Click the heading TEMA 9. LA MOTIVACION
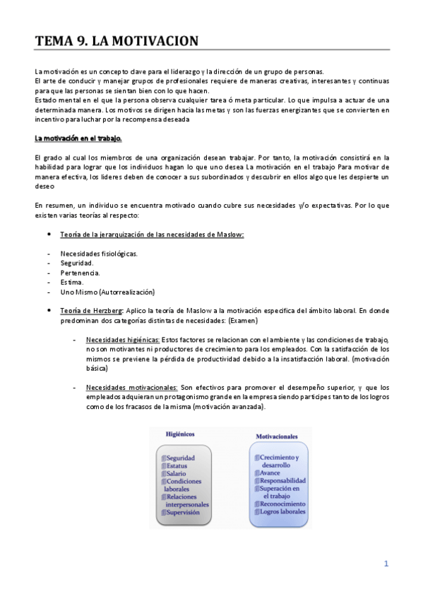(x=117, y=42)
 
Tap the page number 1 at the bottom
(x=386, y=564)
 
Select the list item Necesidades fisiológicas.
(x=99, y=253)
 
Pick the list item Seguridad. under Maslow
(x=77, y=263)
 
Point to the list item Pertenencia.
(x=80, y=272)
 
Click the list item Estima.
(x=73, y=282)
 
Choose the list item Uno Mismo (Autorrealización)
(x=107, y=292)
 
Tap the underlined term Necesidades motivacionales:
(x=131, y=388)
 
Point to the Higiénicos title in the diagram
(x=180, y=434)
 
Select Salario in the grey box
(x=177, y=473)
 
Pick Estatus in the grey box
(x=177, y=465)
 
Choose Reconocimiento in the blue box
(x=282, y=504)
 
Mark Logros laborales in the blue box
(x=282, y=511)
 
